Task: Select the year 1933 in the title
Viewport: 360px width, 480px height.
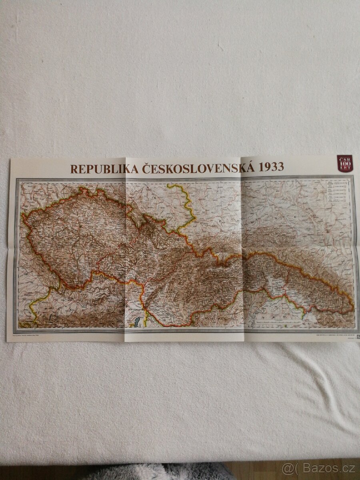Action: (x=272, y=166)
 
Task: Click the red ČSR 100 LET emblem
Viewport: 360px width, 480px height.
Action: (x=344, y=163)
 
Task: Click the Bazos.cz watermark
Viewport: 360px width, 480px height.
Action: (x=318, y=468)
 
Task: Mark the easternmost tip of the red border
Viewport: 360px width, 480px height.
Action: (x=354, y=307)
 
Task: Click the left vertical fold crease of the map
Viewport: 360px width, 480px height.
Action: (x=125, y=248)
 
